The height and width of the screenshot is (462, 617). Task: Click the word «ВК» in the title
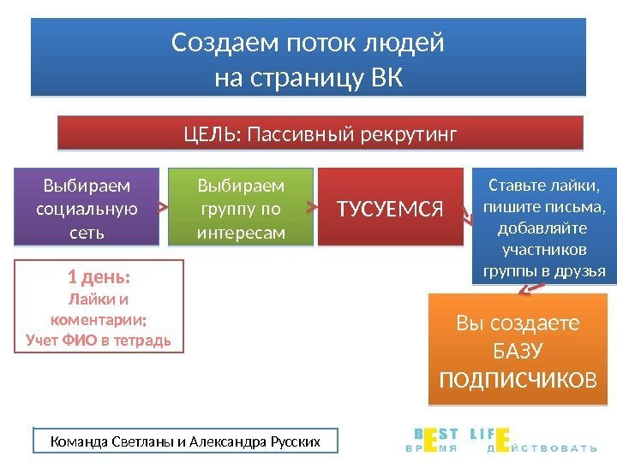click(x=381, y=76)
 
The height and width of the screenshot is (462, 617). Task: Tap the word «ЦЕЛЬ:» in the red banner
click(x=213, y=133)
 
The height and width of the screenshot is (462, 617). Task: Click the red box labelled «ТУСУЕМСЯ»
click(x=390, y=207)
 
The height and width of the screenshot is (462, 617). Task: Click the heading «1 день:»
click(x=99, y=278)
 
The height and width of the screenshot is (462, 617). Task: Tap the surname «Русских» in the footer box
click(x=295, y=441)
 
